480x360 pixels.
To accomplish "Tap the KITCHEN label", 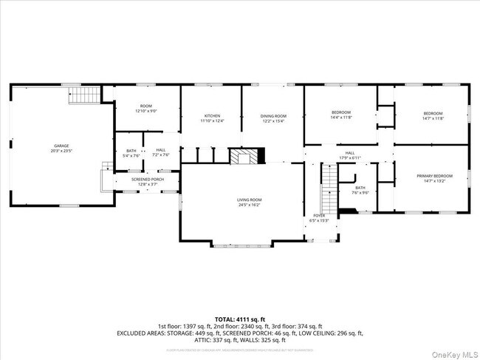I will tap(212, 116).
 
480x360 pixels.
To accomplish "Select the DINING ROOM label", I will tap(272, 116).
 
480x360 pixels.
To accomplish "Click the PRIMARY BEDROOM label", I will tap(432, 175).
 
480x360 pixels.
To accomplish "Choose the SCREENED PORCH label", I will tap(148, 179).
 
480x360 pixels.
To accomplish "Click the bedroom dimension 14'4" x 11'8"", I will tap(341, 117).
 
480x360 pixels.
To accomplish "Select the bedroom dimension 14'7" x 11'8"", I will tap(432, 118).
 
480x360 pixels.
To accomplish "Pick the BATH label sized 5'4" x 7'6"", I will tap(131, 151).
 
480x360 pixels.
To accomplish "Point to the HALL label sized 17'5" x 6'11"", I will tap(349, 153).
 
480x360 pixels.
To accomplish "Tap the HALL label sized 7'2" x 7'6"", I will tap(160, 151).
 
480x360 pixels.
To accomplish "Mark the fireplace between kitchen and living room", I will tap(245, 156).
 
